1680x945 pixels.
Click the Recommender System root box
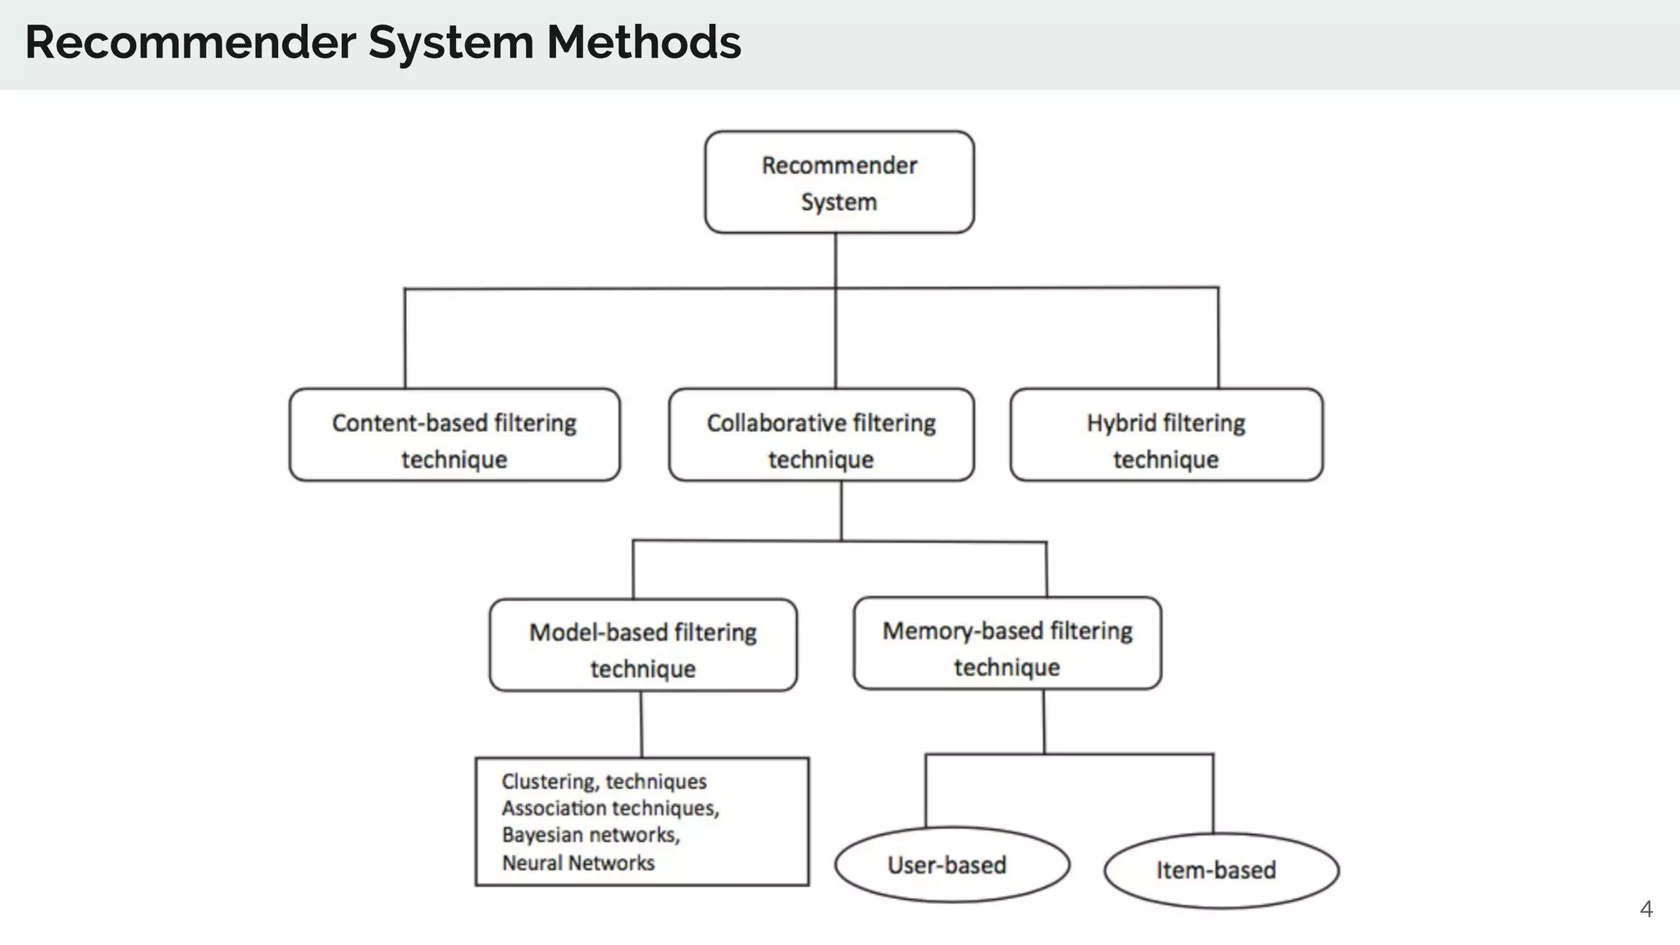point(839,182)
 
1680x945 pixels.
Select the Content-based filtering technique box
point(454,435)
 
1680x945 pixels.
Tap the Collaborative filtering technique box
point(821,435)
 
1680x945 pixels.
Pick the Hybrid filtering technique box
point(1166,435)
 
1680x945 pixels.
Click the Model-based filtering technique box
point(643,646)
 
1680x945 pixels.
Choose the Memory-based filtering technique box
point(1007,643)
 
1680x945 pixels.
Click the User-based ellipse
point(952,865)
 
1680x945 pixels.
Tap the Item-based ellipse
point(1221,870)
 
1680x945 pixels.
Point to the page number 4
point(1646,909)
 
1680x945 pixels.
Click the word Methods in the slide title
point(644,43)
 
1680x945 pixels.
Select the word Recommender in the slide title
point(190,43)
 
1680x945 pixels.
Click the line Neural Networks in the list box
point(578,863)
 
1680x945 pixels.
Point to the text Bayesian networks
point(591,835)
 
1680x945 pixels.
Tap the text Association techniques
point(610,808)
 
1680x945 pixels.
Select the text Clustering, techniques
point(604,781)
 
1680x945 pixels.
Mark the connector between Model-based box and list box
point(641,724)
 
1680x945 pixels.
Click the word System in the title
point(450,43)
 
